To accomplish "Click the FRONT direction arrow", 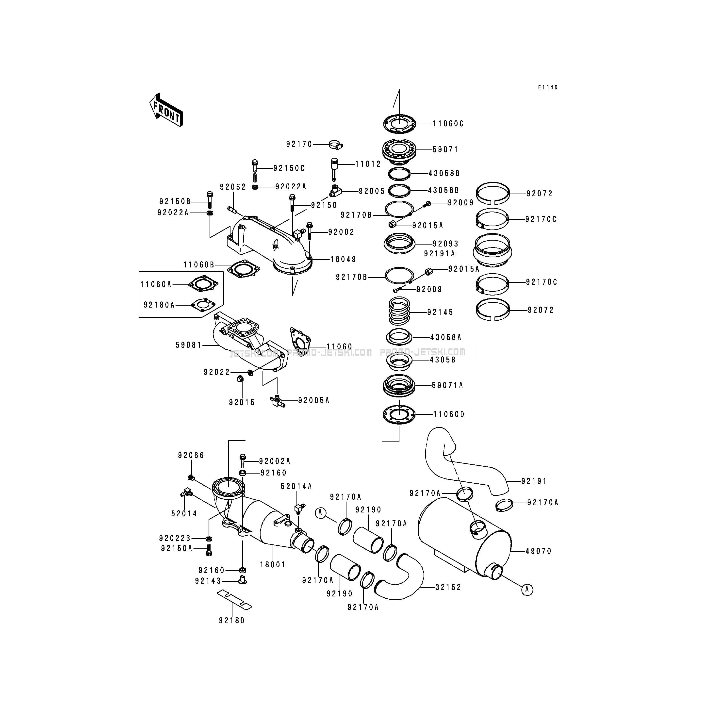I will (166, 110).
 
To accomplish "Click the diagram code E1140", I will (547, 87).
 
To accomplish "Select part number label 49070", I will (538, 551).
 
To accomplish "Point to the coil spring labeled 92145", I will (399, 311).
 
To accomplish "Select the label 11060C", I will (448, 124).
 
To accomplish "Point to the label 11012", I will (368, 164).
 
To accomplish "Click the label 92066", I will (191, 455).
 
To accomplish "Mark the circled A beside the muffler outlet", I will (527, 590).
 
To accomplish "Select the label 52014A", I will (296, 486).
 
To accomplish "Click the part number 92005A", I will (313, 400).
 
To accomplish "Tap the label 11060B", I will (199, 264).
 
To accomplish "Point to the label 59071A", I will (447, 385).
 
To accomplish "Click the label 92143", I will (208, 581).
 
